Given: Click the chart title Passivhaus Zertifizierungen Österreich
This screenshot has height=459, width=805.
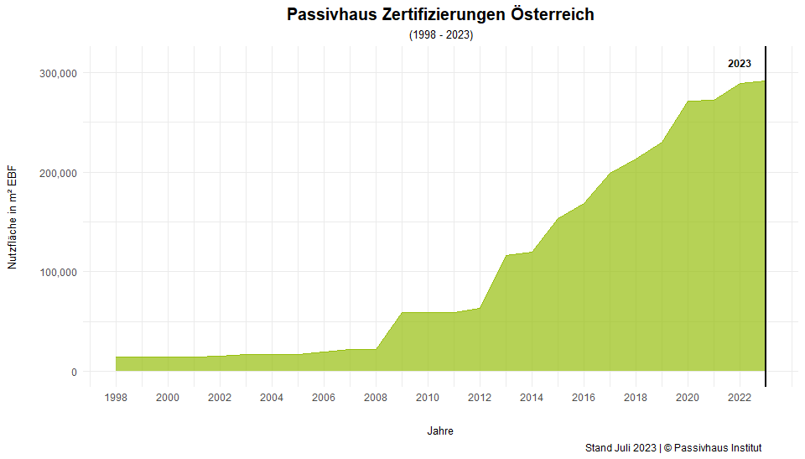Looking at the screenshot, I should [x=440, y=14].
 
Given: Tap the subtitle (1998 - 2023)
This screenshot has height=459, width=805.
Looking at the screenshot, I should [x=441, y=35].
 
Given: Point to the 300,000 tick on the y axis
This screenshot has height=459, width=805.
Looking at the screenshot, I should [x=59, y=73].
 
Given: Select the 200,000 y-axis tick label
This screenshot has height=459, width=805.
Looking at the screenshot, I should [x=59, y=173].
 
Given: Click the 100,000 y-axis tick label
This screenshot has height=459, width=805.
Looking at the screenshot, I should [x=59, y=272].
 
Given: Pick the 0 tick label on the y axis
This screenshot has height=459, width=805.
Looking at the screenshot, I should [x=74, y=372].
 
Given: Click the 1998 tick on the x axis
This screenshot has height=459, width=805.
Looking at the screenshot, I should [x=116, y=397].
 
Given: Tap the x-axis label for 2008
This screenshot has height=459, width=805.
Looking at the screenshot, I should [x=376, y=397].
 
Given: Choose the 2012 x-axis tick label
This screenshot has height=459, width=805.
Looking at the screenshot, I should [x=480, y=397].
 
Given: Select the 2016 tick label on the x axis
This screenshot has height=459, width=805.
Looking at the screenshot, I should [x=584, y=397].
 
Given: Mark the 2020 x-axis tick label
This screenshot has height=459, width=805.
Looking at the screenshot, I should [x=688, y=397].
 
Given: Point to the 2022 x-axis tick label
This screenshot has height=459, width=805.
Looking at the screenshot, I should [x=740, y=397].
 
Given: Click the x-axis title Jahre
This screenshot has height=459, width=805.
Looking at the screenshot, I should [x=440, y=430].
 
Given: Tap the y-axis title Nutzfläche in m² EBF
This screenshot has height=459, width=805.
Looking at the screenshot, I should [x=13, y=216].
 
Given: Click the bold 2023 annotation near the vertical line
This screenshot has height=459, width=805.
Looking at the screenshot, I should [x=739, y=64].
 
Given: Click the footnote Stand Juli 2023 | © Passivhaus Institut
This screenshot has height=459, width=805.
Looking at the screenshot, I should [x=673, y=448].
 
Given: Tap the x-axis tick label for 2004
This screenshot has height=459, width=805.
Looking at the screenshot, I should [x=272, y=397].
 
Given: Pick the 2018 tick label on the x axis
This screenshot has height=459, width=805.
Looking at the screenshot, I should [x=636, y=397].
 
